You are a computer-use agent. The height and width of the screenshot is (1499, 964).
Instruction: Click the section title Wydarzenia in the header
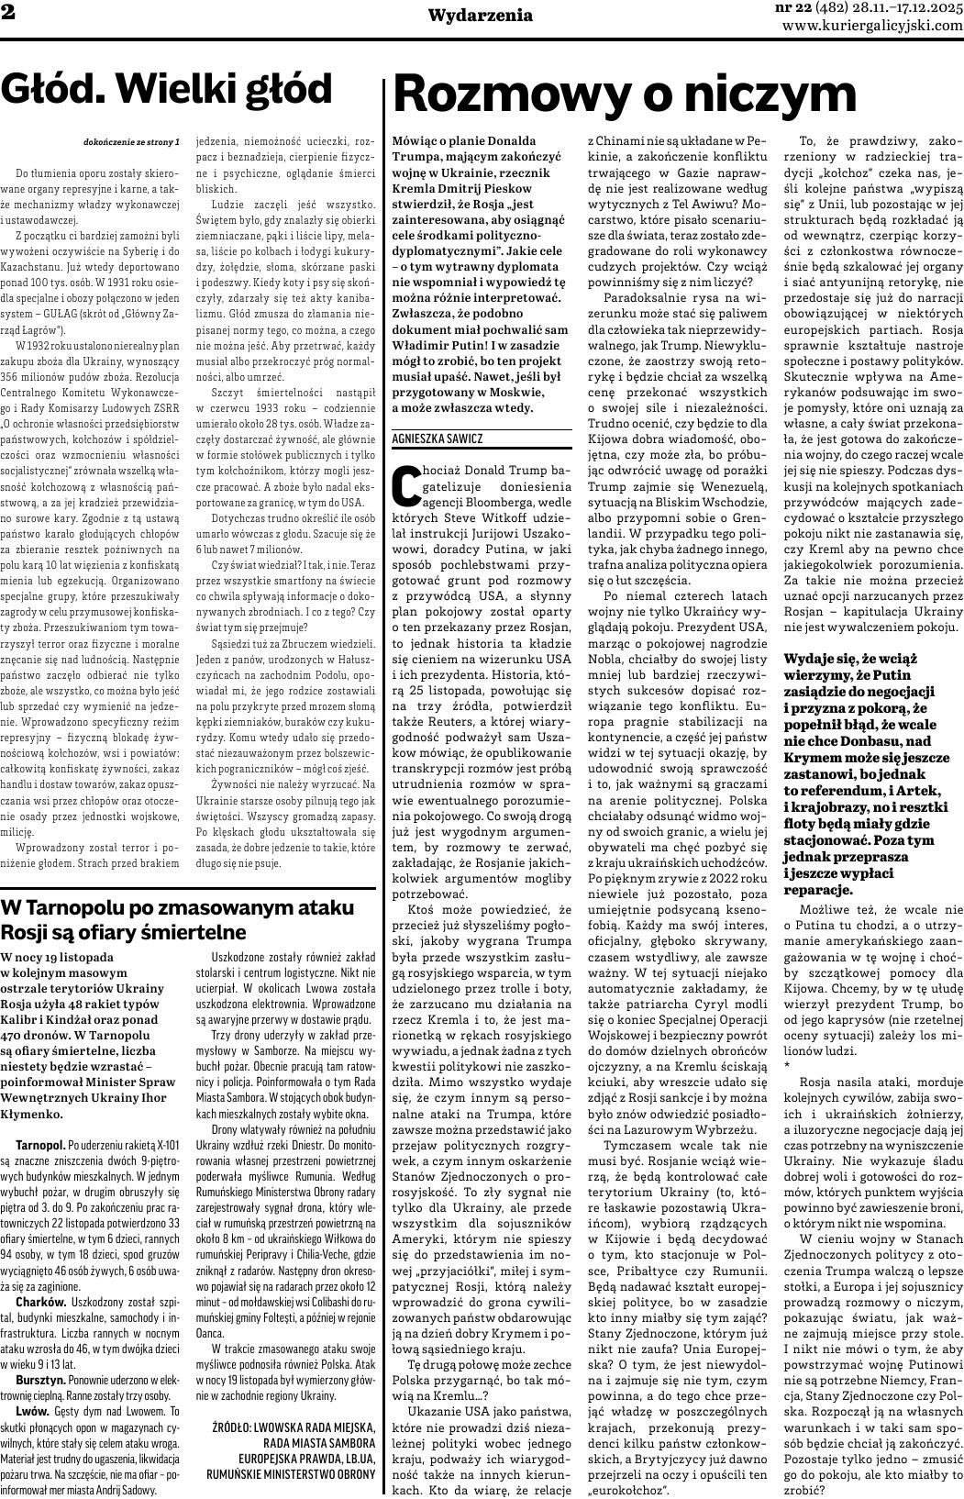pos(480,15)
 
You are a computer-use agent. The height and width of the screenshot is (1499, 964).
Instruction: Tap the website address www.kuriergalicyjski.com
pos(872,26)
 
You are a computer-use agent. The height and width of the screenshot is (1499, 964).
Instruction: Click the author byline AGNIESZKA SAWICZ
pos(437,439)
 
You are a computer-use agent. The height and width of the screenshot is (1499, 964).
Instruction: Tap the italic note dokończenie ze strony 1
pos(131,142)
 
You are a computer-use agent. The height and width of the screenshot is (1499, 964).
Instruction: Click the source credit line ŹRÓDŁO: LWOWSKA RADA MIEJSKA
pos(294,1427)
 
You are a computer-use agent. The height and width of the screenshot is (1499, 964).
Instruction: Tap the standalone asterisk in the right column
pos(787,1064)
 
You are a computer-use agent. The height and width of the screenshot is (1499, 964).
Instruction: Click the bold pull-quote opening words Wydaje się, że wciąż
pos(850,659)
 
